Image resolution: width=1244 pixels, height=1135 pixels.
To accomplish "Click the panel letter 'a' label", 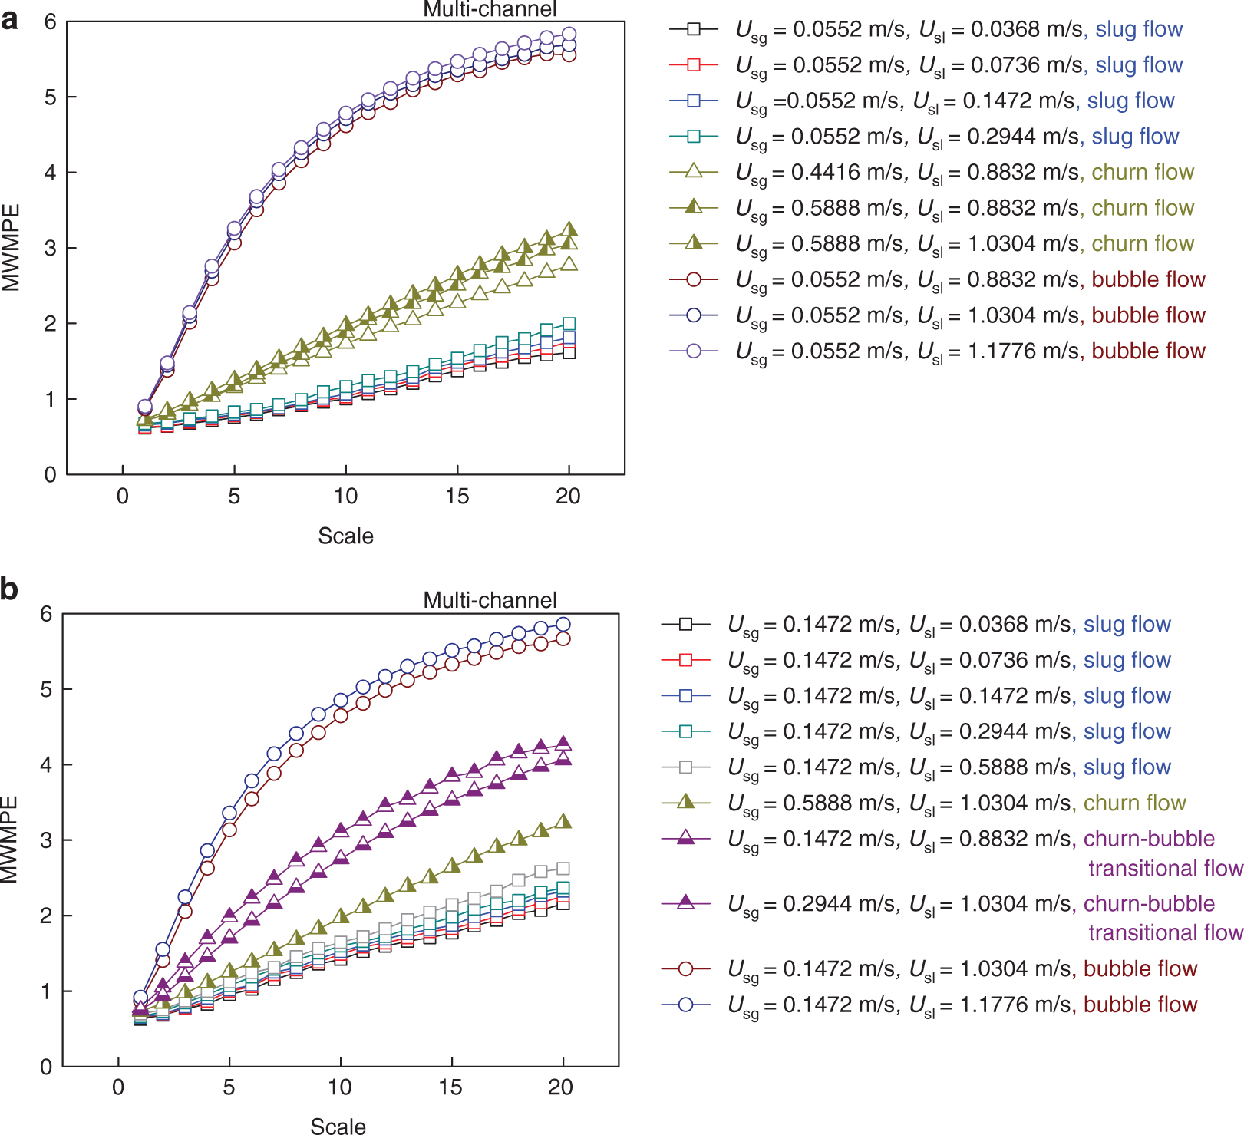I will (x=9, y=20).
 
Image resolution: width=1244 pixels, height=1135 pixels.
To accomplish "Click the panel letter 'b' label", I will (x=9, y=589).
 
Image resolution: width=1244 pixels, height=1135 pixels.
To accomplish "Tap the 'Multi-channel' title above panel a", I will (x=490, y=9).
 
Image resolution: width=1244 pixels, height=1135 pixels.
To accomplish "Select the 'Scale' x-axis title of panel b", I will (x=338, y=1126).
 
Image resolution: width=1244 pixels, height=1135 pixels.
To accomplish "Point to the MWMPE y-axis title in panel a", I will (x=12, y=248).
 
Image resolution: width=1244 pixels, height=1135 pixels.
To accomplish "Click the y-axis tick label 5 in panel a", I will (x=50, y=97).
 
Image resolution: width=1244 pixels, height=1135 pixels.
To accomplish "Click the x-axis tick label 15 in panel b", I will (x=450, y=1087).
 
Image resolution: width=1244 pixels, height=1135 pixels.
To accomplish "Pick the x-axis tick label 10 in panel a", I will (x=345, y=497).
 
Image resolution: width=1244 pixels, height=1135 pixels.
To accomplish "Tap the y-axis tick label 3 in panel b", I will (x=46, y=840).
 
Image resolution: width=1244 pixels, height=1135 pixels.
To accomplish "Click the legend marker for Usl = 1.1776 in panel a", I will (x=693, y=351).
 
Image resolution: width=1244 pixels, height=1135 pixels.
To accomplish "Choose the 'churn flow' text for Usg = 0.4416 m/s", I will (x=1143, y=172).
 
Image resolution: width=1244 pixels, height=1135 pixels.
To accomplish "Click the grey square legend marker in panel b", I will (x=685, y=767).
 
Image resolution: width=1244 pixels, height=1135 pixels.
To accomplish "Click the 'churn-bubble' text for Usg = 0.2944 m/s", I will (x=1149, y=903).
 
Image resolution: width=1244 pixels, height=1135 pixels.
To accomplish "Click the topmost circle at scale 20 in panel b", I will (x=563, y=624).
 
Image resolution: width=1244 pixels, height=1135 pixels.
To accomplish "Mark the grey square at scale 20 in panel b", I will (x=563, y=869).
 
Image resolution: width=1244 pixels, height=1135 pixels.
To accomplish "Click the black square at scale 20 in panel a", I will (x=569, y=353).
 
